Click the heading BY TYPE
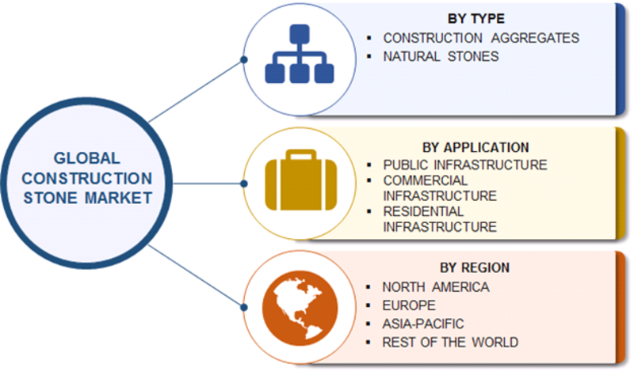476,18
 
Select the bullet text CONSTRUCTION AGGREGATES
481,38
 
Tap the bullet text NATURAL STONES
441,56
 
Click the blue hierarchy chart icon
300,54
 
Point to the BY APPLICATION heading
475,147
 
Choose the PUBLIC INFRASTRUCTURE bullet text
465,165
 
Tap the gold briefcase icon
301,180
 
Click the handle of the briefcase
301,154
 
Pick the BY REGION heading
475,267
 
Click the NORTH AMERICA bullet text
436,287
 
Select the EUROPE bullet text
409,305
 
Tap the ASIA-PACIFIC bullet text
423,324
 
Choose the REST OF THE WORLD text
450,343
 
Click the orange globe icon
300,308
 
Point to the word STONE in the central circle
50,198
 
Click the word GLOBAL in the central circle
87,157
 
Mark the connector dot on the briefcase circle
244,184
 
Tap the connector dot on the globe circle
244,308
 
